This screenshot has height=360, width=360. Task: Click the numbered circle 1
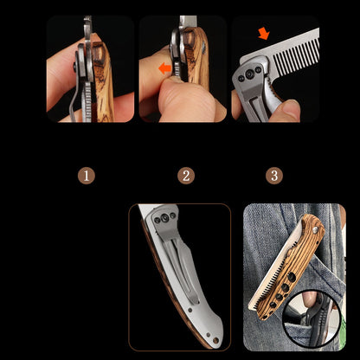(x=87, y=176)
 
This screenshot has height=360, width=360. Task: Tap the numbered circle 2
(x=186, y=176)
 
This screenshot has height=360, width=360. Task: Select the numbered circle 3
(x=274, y=176)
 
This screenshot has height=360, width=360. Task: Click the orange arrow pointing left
(x=165, y=68)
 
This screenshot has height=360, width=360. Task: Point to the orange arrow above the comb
(x=264, y=34)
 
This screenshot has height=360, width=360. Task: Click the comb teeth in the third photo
(x=296, y=54)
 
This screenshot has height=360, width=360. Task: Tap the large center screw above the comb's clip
(x=249, y=74)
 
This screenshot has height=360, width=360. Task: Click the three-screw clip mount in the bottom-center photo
(x=164, y=219)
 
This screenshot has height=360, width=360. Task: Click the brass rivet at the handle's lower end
(x=215, y=341)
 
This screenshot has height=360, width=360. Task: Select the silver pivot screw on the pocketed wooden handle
(x=316, y=229)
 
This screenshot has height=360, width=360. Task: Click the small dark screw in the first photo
(x=74, y=67)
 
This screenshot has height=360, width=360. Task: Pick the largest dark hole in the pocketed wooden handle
(x=292, y=278)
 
